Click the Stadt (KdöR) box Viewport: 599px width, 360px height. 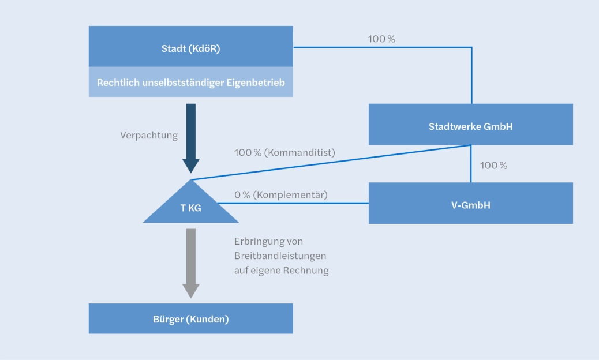pos(190,48)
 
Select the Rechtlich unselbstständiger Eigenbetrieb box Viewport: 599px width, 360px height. pos(190,82)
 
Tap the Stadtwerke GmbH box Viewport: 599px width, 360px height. pos(470,126)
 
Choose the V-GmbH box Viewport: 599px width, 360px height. pos(470,204)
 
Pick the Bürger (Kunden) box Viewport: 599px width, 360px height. pos(190,319)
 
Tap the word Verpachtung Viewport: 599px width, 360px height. pos(149,136)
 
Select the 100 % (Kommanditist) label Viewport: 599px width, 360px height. pos(284,153)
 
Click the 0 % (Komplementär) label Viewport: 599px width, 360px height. pos(280,194)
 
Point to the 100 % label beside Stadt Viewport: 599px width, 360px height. pos(381,39)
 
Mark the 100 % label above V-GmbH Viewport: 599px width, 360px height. pos(493,166)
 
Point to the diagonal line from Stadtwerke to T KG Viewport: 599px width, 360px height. pos(332,163)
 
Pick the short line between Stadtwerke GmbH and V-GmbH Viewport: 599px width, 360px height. pos(471,163)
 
